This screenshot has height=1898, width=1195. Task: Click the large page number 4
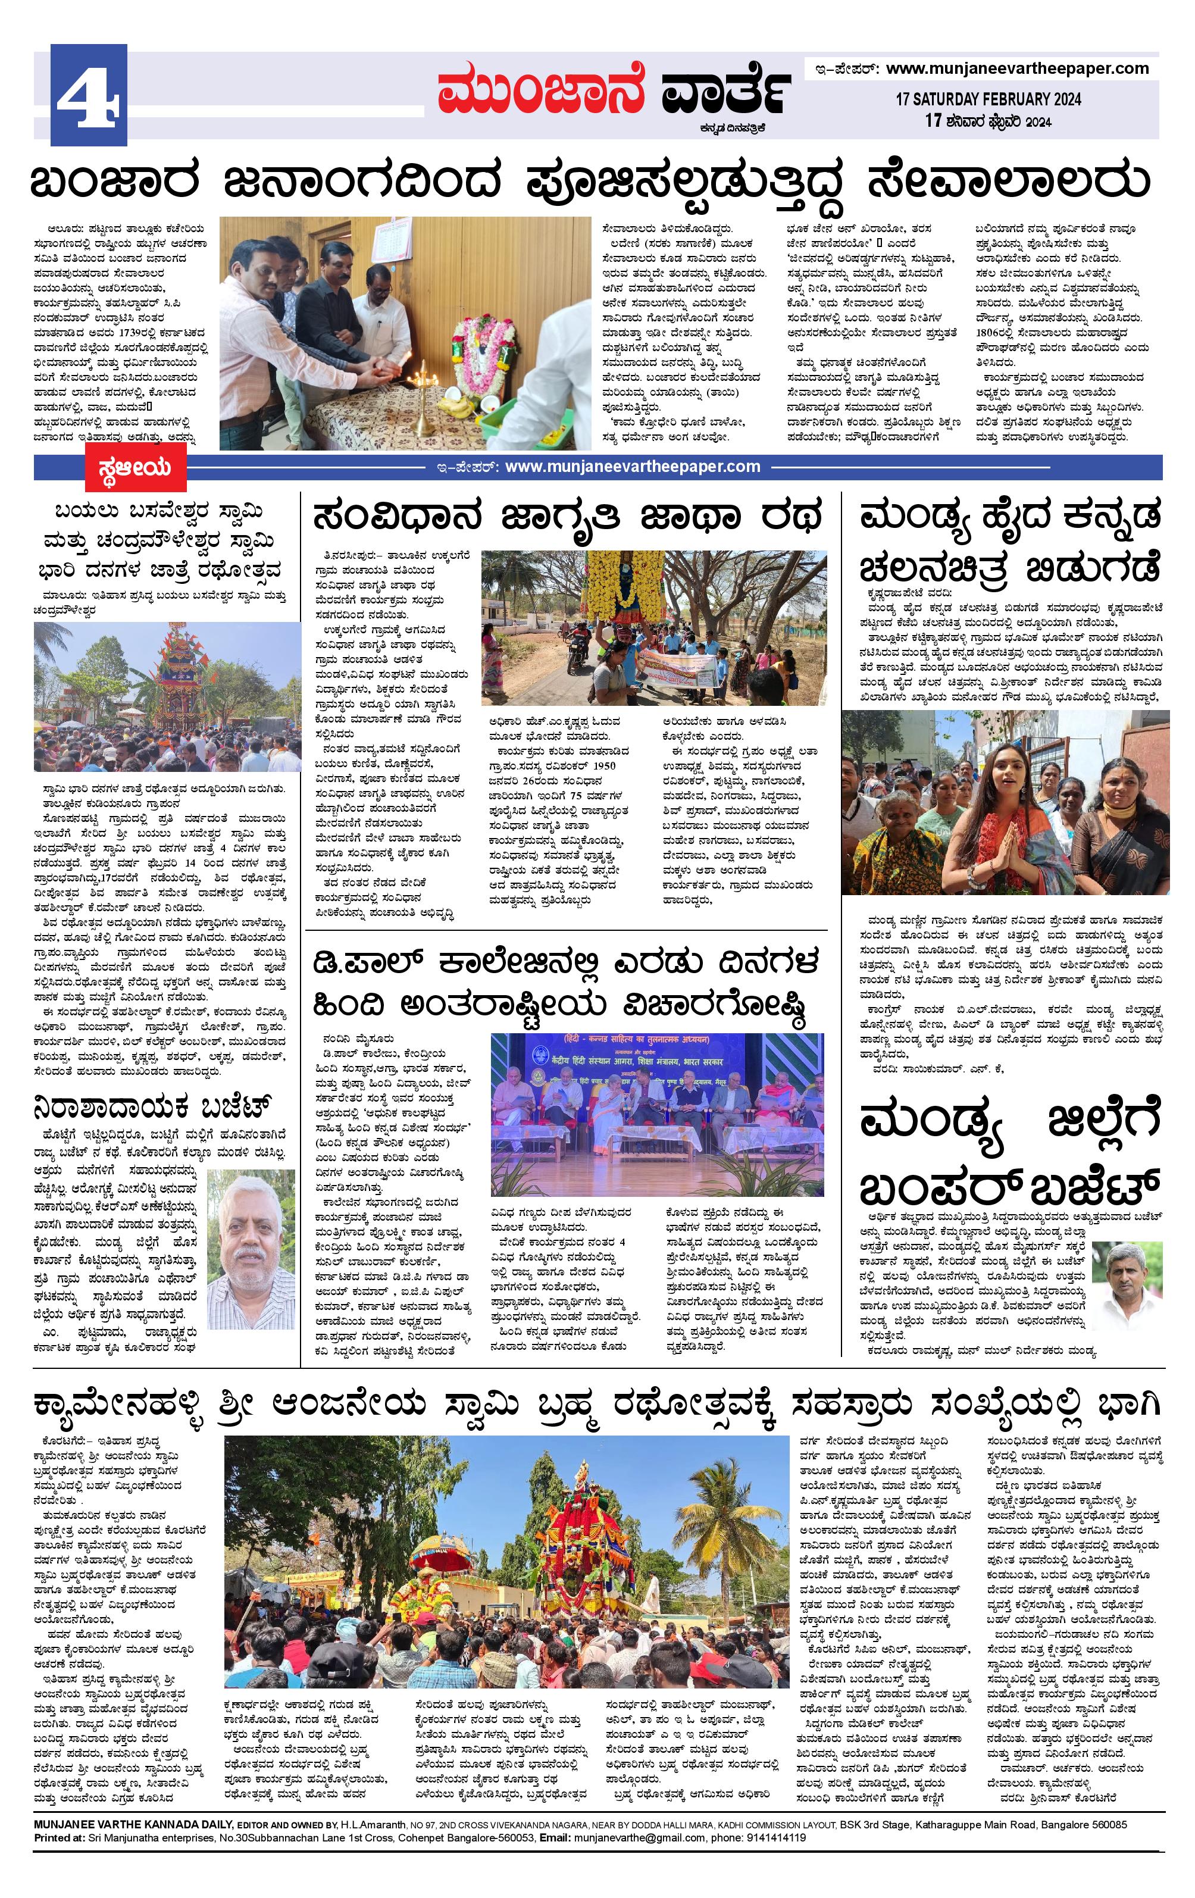pyautogui.click(x=88, y=96)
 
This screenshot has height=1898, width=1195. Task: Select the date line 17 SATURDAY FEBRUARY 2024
pyautogui.click(x=988, y=99)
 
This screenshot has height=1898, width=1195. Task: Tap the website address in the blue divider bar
pyautogui.click(x=632, y=467)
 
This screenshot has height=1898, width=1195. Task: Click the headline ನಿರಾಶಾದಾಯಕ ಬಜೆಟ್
pyautogui.click(x=154, y=1106)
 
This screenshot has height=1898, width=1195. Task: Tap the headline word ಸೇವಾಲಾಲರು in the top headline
pyautogui.click(x=1008, y=182)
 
